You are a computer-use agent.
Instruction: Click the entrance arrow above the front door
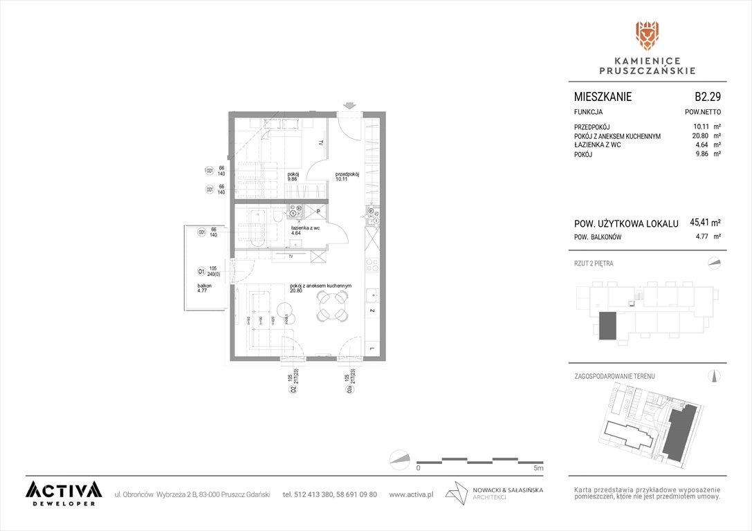[x=350, y=106]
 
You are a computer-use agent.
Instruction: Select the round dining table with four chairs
[x=333, y=305]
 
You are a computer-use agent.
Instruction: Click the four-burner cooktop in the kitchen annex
[x=372, y=266]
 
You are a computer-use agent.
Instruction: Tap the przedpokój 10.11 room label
[x=347, y=177]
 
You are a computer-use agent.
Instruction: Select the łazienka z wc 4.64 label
[x=305, y=230]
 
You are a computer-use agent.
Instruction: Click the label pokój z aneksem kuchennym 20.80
[x=321, y=288]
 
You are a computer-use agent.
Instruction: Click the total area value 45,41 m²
[x=705, y=223]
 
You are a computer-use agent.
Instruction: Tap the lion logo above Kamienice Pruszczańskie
[x=647, y=36]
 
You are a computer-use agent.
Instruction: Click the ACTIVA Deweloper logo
[x=64, y=493]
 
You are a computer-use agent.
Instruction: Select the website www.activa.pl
[x=411, y=494]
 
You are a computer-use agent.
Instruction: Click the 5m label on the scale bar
[x=538, y=468]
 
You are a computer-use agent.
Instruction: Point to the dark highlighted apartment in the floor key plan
[x=607, y=325]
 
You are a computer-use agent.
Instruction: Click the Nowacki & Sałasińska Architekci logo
[x=495, y=494]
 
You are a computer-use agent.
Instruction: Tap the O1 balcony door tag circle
[x=201, y=271]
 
